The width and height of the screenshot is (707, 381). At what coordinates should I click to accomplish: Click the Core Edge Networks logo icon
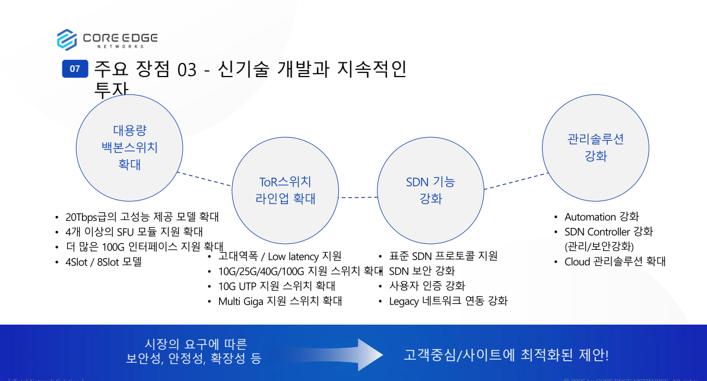67,40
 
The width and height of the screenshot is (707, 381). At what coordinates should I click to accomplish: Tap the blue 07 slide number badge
75,69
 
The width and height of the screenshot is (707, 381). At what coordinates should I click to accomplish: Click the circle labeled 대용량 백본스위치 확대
129,147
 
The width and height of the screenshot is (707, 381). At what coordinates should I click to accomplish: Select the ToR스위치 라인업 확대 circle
285,190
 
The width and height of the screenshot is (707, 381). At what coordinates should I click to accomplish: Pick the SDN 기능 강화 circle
430,190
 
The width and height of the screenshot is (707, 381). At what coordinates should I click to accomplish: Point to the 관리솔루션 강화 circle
595,147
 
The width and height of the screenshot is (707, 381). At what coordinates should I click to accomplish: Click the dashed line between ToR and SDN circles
357,197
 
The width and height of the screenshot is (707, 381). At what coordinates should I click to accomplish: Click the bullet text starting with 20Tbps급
142,217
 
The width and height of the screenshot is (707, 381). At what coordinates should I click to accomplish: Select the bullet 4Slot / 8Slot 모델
103,261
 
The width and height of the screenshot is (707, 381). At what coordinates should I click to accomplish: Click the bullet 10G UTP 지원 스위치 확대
277,286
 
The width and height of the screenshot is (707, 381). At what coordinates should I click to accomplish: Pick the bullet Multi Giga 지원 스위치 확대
280,301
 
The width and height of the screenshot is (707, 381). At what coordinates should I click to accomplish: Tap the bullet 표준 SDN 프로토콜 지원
443,256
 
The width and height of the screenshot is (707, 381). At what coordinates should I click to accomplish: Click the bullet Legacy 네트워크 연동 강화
448,301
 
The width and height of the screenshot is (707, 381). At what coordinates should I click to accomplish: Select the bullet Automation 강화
601,217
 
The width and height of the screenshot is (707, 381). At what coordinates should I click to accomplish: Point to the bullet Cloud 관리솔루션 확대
615,261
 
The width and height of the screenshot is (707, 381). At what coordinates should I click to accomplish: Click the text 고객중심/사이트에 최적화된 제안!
506,355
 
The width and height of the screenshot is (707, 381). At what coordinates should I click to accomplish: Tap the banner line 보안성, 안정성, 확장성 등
194,358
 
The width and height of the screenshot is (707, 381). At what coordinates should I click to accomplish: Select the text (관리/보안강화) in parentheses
599,246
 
